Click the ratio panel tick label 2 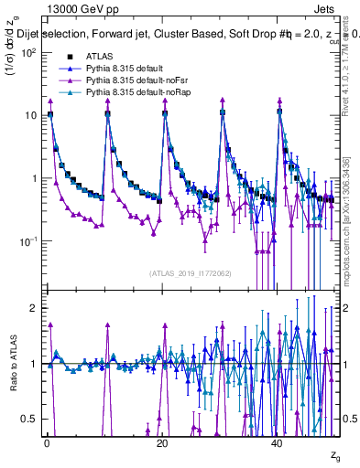click(x=35, y=308)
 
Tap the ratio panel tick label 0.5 click(x=30, y=419)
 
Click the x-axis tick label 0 click(x=46, y=442)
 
